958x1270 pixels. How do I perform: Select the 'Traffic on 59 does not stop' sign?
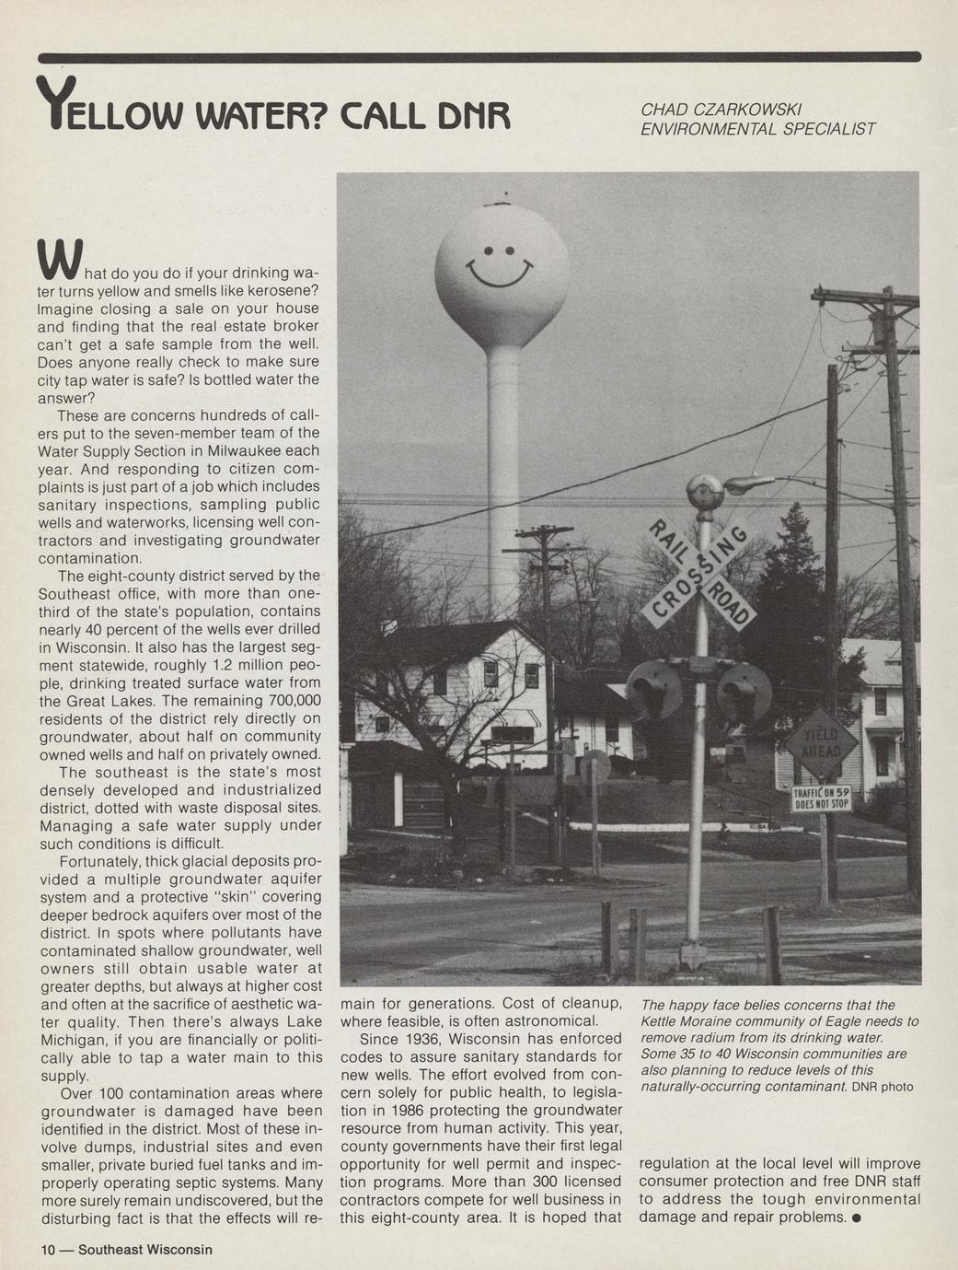[x=821, y=798]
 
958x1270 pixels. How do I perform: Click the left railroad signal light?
[x=655, y=689]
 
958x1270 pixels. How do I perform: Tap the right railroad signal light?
[x=744, y=691]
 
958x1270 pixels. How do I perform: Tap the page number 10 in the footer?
[x=47, y=1250]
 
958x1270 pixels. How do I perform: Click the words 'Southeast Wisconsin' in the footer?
[x=144, y=1250]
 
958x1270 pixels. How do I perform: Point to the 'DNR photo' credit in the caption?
[x=883, y=1087]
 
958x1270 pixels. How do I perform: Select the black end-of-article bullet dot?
[x=857, y=1218]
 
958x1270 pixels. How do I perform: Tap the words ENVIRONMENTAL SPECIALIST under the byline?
[x=757, y=130]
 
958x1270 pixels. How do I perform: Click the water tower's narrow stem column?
[x=502, y=460]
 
